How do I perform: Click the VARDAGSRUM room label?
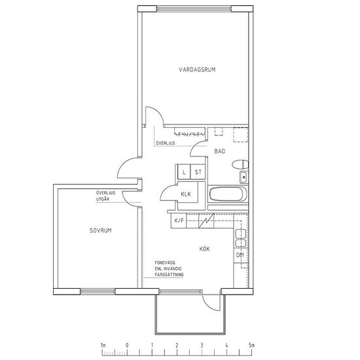pyautogui.click(x=197, y=69)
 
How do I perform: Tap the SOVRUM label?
pyautogui.click(x=101, y=230)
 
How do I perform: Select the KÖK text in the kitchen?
pyautogui.click(x=205, y=249)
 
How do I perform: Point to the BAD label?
pyautogui.click(x=219, y=151)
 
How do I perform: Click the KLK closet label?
pyautogui.click(x=186, y=194)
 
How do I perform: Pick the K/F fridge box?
pyautogui.click(x=179, y=221)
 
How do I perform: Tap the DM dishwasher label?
pyautogui.click(x=240, y=255)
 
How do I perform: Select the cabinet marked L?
pyautogui.click(x=184, y=171)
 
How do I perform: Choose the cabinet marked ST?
pyautogui.click(x=198, y=171)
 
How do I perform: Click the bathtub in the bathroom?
pyautogui.click(x=228, y=194)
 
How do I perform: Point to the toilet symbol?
pyautogui.click(x=240, y=164)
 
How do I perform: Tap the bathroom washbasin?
pyautogui.click(x=244, y=177)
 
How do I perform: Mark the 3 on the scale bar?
pyautogui.click(x=202, y=345)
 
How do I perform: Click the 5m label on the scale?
pyautogui.click(x=251, y=345)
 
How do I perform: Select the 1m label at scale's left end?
pyautogui.click(x=103, y=345)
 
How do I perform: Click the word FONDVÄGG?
pyautogui.click(x=165, y=262)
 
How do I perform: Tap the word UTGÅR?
pyautogui.click(x=103, y=199)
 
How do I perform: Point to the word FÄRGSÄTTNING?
pyautogui.click(x=170, y=275)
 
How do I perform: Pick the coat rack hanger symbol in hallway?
pyautogui.click(x=189, y=134)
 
